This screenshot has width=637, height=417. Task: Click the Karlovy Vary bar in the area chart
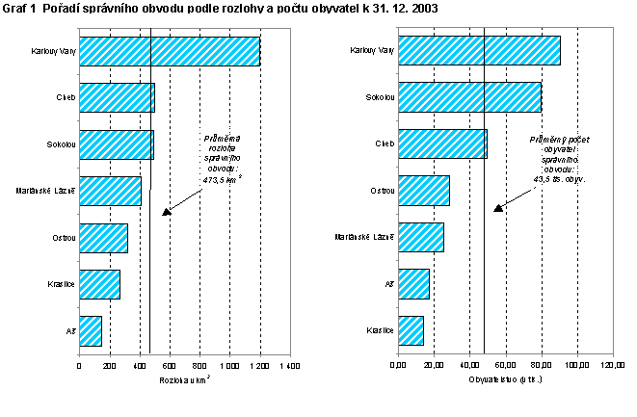[x=170, y=51]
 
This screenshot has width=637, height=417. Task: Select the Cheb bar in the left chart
[x=117, y=97]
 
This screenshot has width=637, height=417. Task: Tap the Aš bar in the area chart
[x=91, y=330]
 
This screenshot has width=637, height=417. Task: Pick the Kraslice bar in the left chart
[x=99, y=284]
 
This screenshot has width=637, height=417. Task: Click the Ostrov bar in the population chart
[x=423, y=191]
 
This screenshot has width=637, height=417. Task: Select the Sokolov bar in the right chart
[x=469, y=97]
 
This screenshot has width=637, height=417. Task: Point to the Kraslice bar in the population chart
[x=411, y=330]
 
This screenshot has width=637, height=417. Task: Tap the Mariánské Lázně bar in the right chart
[x=420, y=237]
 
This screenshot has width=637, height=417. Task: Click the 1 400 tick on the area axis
[x=289, y=366]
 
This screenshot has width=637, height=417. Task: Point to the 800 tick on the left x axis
[x=199, y=366]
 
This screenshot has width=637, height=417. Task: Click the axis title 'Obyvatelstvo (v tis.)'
[x=504, y=380]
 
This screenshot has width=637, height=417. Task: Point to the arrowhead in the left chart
[x=166, y=211]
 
